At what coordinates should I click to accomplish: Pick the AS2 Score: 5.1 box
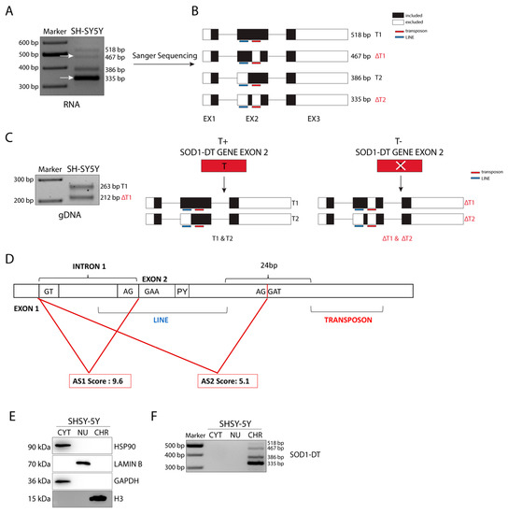229,380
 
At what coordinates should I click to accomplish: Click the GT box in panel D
49,291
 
